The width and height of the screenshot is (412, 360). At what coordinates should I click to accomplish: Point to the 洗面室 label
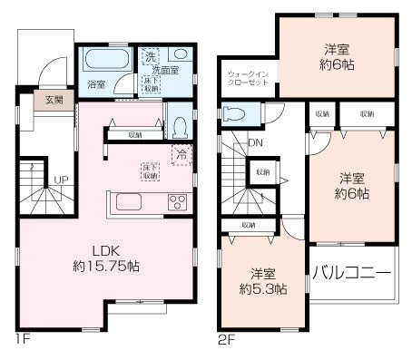coord(165,70)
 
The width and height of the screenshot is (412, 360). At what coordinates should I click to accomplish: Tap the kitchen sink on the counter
coord(126,201)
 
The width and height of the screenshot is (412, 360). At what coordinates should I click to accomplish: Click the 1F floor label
coord(21,342)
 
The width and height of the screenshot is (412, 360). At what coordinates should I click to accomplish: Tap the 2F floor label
coord(226,342)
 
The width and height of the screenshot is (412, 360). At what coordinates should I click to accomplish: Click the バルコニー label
coord(352,272)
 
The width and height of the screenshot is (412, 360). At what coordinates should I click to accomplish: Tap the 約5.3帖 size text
coord(263,289)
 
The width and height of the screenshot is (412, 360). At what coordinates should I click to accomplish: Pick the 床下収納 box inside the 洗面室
coord(151,84)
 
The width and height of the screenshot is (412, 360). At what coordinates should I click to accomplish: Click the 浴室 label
coord(95,84)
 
